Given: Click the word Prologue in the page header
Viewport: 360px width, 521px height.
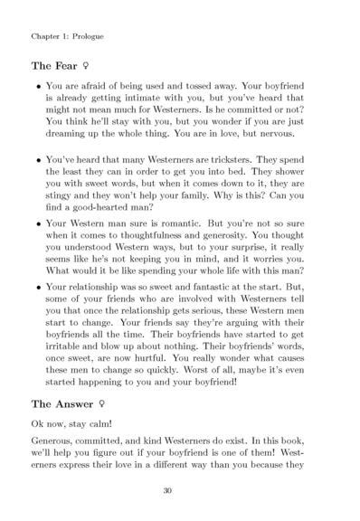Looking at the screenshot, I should coord(85,37).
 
